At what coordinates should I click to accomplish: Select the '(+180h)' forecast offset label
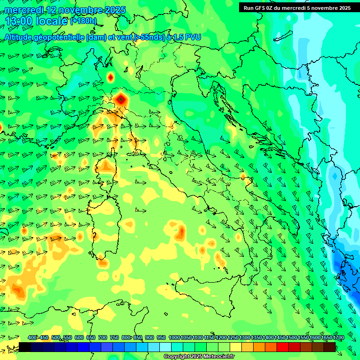83,21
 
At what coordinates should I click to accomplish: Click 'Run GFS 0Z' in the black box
260,8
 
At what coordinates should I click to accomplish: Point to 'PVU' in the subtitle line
192,37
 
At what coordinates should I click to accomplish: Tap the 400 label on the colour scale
32,337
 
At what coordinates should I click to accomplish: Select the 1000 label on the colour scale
174,337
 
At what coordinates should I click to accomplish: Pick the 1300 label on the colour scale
244,337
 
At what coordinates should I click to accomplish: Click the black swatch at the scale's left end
25,347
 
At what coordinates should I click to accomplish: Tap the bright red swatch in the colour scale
283,347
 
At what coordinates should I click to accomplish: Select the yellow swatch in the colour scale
236,347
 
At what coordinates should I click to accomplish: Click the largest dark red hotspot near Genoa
121,99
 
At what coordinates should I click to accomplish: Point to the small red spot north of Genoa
111,77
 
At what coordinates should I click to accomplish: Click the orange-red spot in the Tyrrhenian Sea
181,231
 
